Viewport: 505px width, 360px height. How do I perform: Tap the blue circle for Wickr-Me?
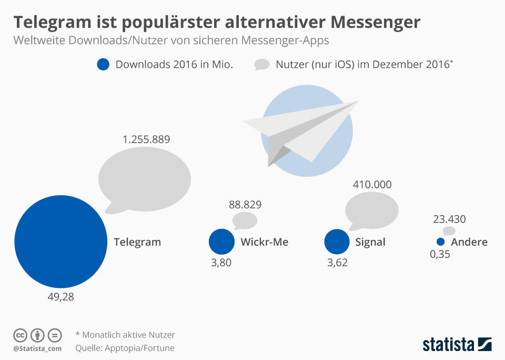[221, 242]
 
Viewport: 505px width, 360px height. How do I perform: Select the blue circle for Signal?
[337, 242]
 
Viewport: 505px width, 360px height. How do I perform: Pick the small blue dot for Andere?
[441, 242]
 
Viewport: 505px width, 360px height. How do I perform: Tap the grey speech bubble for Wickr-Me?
[245, 221]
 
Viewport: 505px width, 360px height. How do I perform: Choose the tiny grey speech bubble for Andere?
[449, 231]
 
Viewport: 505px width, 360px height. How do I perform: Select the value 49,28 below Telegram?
[60, 297]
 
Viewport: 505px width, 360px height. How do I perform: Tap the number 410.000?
[372, 185]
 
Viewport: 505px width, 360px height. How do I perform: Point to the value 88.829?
[245, 205]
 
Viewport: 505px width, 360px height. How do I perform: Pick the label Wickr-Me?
[264, 242]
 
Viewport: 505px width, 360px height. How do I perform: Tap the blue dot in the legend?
[103, 64]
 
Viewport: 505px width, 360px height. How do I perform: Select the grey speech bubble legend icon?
[261, 65]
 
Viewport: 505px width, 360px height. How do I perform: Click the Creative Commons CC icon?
[20, 335]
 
